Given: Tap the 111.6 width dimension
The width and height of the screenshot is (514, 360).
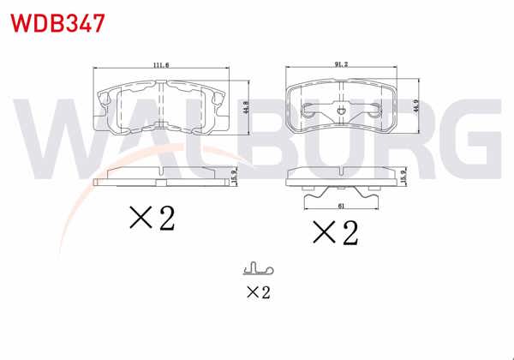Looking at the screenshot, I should coord(159,65).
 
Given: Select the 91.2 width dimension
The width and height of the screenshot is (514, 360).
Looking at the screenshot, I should coord(342,65).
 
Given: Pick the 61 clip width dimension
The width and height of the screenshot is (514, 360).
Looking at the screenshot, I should coord(343,207).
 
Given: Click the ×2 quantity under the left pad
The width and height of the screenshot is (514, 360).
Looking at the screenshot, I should coord(152,218).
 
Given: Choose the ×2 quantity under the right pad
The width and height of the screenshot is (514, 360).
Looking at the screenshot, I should coord(334,231).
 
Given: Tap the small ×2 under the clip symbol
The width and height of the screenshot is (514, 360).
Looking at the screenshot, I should coord(258,292).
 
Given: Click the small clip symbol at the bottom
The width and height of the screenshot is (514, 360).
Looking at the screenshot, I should coord(257,269).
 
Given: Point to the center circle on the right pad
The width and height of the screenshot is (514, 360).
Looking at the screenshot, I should coord(343,110).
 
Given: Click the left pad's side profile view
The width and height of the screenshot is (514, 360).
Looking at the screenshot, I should coord(160,177).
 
